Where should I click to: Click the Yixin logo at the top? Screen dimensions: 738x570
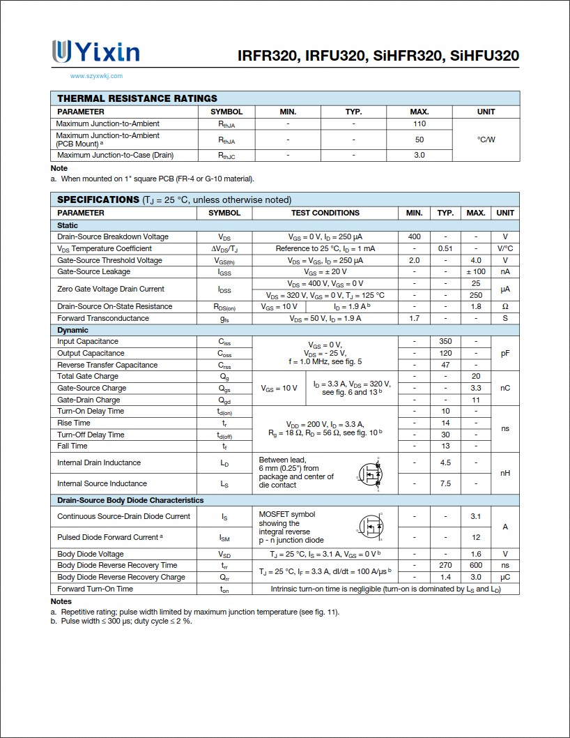[95, 52]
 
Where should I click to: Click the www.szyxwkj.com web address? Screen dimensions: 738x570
[96, 76]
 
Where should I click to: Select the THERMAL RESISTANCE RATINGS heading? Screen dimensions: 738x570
[137, 98]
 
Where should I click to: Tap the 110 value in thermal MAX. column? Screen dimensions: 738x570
[419, 123]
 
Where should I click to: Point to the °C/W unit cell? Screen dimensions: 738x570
[486, 140]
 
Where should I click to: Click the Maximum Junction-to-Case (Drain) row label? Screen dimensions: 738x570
[115, 155]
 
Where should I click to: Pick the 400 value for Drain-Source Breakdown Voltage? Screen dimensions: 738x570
[414, 236]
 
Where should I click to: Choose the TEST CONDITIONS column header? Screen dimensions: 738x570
[325, 213]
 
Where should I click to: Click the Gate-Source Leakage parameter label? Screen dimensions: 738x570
[93, 271]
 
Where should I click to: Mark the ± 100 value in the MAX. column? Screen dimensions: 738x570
[475, 271]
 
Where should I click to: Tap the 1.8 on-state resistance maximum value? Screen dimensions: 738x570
[476, 306]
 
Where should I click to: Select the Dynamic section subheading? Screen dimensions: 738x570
[72, 330]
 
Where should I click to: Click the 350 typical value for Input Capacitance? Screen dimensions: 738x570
[445, 341]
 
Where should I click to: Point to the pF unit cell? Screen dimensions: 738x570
[505, 354]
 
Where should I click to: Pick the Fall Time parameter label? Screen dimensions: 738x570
[72, 446]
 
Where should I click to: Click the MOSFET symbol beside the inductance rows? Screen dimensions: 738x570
[370, 474]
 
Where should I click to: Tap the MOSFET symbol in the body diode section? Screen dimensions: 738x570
[372, 526]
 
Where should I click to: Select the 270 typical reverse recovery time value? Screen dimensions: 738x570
[445, 565]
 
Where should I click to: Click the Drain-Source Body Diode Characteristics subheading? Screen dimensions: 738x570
[130, 500]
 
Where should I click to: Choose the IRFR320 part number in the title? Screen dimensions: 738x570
[268, 56]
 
